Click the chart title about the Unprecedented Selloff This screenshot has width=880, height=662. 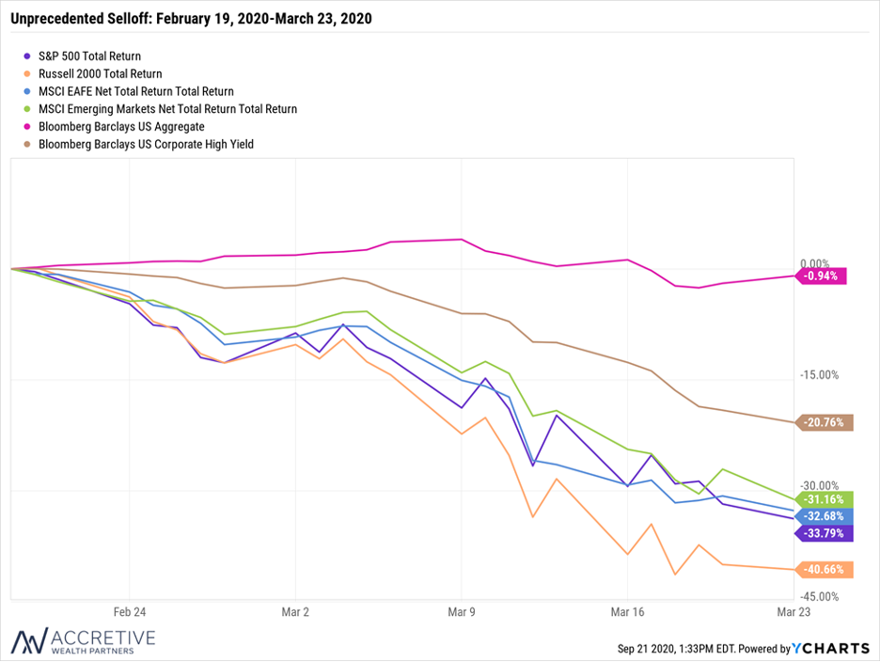pos(192,19)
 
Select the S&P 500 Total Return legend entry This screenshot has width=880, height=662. pos(83,56)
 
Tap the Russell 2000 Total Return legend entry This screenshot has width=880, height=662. pos(93,73)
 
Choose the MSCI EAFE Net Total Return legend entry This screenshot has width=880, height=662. pos(129,91)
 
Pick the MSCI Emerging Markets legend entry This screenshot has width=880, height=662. pos(161,109)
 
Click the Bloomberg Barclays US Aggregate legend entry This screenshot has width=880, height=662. pos(115,126)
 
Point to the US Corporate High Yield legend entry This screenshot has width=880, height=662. pos(139,144)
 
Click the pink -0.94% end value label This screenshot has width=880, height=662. pos(821,276)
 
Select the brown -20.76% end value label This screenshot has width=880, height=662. pos(824,422)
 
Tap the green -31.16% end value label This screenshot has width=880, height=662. pos(824,499)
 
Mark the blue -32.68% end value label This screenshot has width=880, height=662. pos(824,516)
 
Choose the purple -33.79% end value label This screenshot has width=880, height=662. pos(824,533)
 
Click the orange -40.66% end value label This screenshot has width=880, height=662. pos(824,569)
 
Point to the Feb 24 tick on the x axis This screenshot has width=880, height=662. pos(130,612)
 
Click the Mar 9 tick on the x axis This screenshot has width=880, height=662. pos(462,612)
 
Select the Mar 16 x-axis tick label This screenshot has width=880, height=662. pos(627,612)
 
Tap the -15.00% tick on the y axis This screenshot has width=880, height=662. pos(820,375)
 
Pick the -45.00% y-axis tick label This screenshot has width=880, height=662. pos(820,597)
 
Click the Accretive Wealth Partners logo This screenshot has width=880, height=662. pos(83,640)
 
